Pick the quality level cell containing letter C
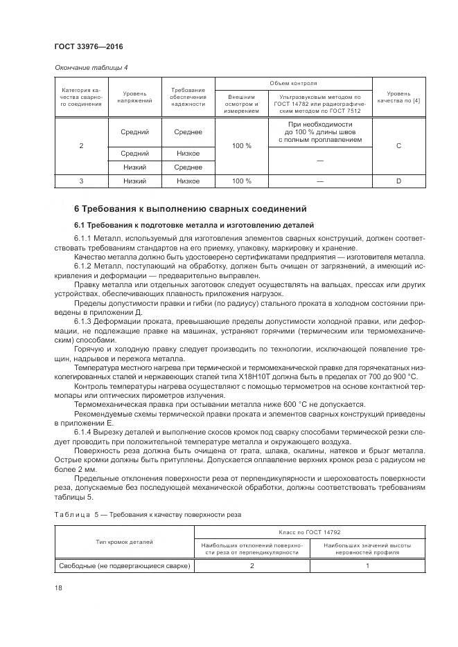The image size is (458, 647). click(398, 146)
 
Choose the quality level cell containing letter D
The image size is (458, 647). click(398, 181)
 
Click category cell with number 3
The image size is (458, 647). click(82, 181)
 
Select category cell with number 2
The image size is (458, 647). click(82, 146)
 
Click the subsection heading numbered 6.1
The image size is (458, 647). click(194, 225)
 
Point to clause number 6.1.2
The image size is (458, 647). click(86, 266)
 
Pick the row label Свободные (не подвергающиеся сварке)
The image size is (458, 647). click(124, 566)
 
